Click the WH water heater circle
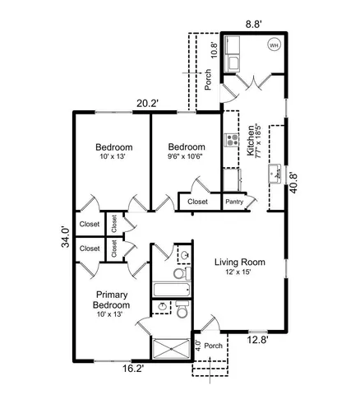tap(273, 45)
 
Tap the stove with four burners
tap(231, 137)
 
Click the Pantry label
tap(235, 201)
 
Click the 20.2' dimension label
tap(147, 104)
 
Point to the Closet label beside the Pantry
tap(197, 201)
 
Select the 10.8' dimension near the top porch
tap(215, 50)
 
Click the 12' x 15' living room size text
tap(238, 272)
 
